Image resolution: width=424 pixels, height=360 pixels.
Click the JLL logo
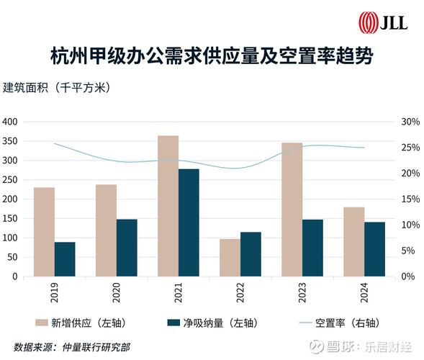point(384,22)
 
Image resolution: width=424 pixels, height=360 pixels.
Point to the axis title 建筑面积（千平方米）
point(57,89)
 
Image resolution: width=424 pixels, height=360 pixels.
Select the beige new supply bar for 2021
point(168,205)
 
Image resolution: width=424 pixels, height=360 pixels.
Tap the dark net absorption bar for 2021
point(189,222)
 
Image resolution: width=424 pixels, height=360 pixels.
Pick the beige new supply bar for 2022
point(230,257)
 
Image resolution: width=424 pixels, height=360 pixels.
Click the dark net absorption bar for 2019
point(65,258)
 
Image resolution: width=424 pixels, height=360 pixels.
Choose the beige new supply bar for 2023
point(292,209)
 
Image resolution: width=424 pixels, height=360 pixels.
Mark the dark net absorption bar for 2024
point(374,248)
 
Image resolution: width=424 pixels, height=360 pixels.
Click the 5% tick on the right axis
point(408,251)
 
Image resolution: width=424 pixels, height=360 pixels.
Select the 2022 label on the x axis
point(240,293)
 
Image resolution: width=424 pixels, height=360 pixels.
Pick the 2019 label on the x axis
point(54,293)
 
